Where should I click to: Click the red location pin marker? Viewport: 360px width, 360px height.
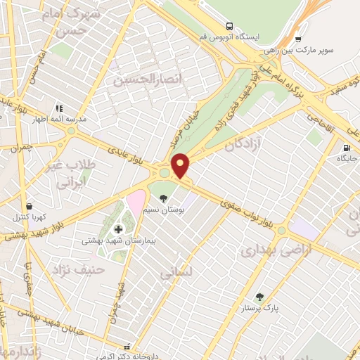coord(181,165)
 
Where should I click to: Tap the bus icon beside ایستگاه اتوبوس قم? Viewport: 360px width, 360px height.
coord(230,26)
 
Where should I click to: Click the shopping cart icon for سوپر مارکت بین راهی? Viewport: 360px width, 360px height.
coord(298,39)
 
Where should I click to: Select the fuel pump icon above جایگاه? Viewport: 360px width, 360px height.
coord(347,148)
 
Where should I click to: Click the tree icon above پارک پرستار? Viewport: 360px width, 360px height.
coord(261,297)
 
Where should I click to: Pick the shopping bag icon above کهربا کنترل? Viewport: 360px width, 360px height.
coord(29,206)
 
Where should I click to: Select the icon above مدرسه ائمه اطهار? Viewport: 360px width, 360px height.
coord(59,108)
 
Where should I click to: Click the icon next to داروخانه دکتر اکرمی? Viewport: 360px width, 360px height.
coord(127,347)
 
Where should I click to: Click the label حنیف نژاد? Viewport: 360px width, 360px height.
coord(77,269)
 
